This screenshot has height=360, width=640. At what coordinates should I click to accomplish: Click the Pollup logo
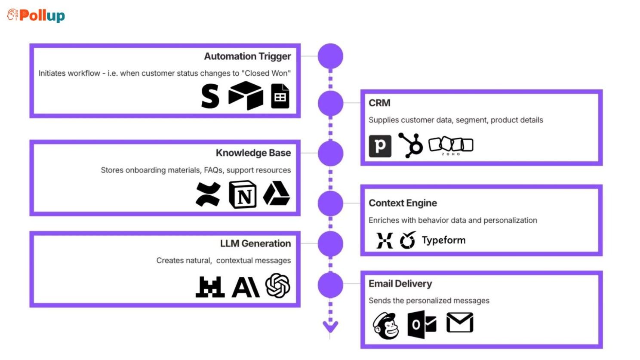pos(36,15)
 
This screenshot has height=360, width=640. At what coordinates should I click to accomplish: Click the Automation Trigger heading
pos(247,56)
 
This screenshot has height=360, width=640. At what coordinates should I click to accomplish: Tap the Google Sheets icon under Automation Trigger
pos(280,96)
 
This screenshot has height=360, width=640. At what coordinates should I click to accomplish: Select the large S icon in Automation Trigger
pos(210,96)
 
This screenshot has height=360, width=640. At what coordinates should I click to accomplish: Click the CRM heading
pos(379,103)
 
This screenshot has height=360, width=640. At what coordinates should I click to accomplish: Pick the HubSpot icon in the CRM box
pos(411,145)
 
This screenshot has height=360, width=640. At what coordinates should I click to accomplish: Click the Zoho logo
pos(451,146)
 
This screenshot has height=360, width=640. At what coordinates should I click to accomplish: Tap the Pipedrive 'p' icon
pos(380,146)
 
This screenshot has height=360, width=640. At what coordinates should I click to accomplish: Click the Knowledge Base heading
pos(253,153)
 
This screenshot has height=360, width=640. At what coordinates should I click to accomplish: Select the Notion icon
pos(243,194)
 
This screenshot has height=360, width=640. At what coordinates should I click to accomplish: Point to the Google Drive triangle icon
pos(277,193)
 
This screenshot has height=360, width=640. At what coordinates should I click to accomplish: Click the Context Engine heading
pos(403,203)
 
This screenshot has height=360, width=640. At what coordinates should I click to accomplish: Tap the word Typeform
pos(444,240)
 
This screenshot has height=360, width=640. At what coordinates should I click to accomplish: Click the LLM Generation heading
pos(255,243)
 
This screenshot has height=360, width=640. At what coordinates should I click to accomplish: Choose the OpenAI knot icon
pos(278,286)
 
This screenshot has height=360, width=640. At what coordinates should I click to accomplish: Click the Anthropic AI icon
pos(246,287)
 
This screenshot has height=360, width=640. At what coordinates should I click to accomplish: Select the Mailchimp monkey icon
pos(386,326)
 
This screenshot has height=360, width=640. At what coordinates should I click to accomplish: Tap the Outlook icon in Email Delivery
pos(422,325)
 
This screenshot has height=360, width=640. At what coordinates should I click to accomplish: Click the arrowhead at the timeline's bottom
pos(331,327)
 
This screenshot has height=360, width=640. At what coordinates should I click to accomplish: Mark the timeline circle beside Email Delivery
pos(331,285)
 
